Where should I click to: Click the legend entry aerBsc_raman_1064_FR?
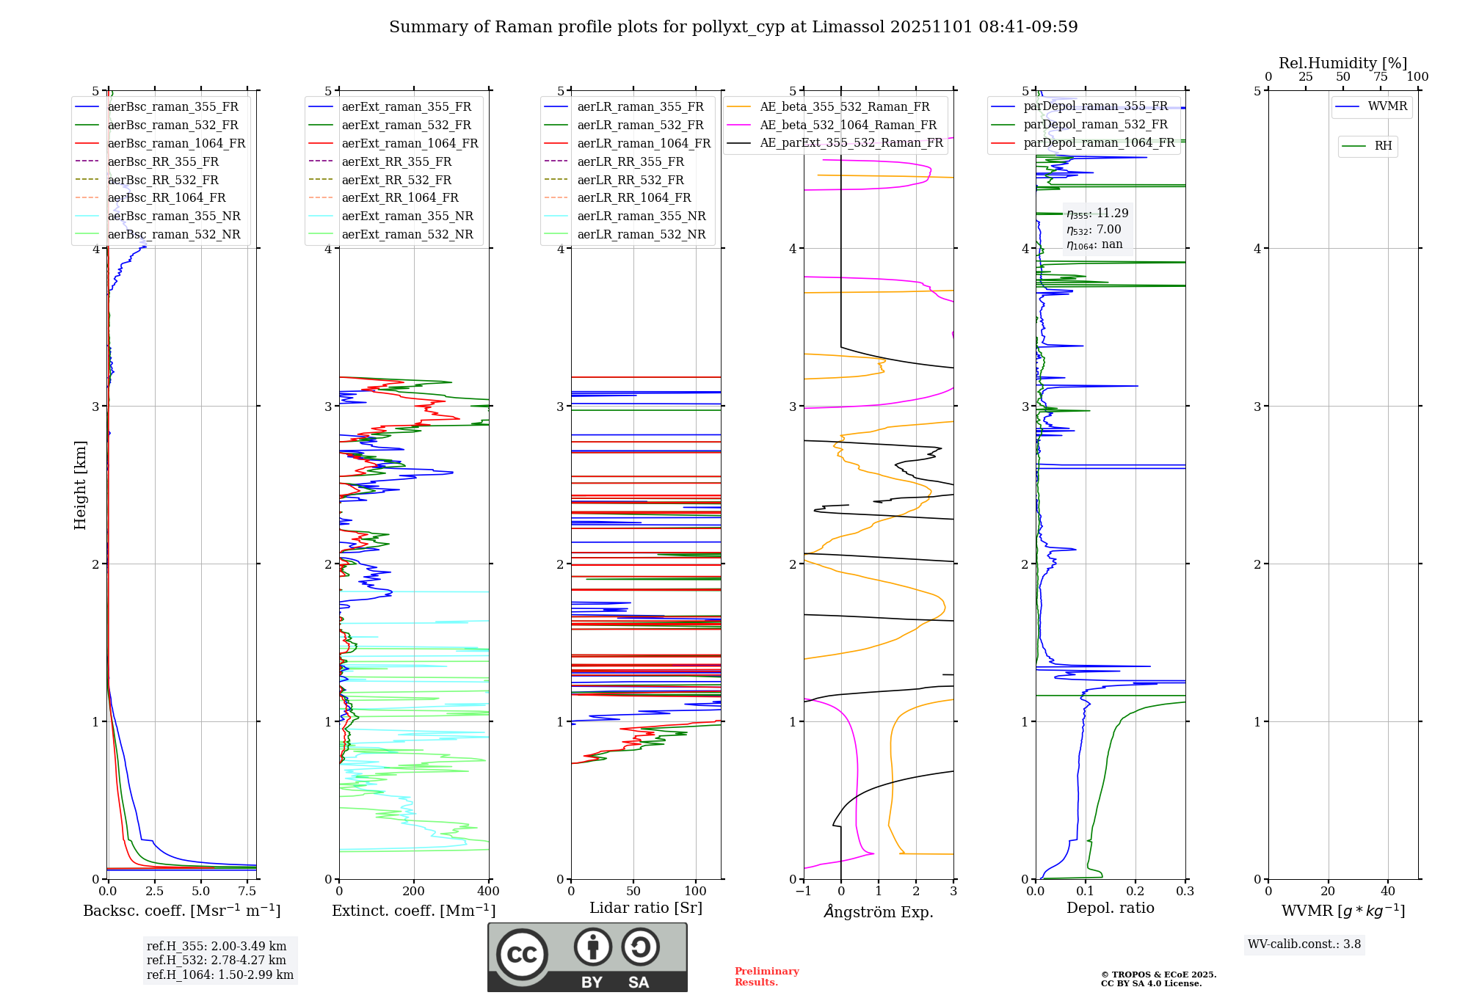coord(176,144)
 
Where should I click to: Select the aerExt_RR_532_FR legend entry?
coord(396,180)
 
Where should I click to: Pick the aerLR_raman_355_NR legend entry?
coord(641,216)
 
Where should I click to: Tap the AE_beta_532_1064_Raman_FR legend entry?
coord(848,125)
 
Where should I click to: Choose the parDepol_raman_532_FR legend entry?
coord(1095,125)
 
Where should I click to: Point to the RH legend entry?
coord(1383,146)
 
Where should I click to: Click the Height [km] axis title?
coord(80,485)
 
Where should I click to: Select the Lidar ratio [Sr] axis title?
coord(646,908)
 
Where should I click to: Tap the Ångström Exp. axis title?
coord(879,911)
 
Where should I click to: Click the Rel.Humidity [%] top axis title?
coord(1342,63)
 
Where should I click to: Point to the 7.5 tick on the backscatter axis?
coord(247,891)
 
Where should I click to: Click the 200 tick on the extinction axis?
coord(414,891)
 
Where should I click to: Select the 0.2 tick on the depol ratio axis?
coord(1135,891)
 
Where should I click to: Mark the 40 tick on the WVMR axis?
coord(1388,891)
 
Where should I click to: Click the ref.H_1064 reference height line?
coord(219,975)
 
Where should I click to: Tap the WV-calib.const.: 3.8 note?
coord(1304,944)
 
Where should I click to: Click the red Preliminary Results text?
coord(766,977)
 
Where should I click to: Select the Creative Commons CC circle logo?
coord(522,955)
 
